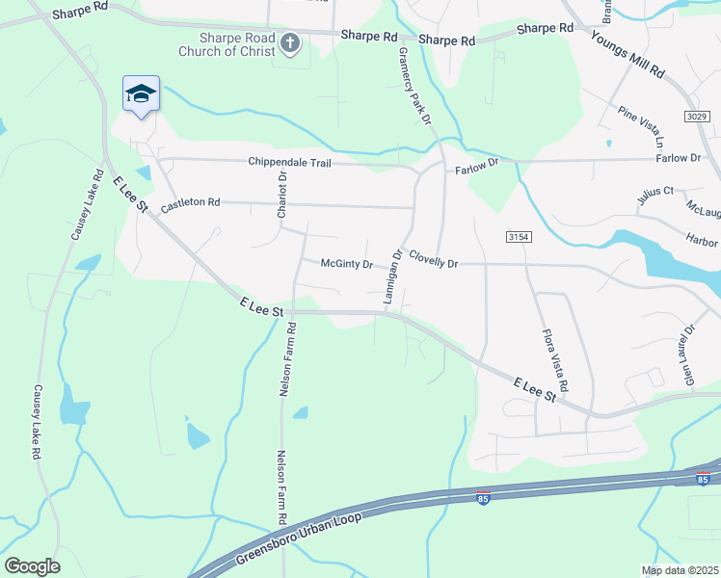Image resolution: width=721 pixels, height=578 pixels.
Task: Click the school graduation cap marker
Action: point(142,94)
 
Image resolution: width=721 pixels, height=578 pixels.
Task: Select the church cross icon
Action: point(290,43)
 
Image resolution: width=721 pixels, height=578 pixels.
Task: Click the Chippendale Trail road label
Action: point(289,163)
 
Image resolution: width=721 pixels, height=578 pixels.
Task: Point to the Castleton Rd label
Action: point(191,204)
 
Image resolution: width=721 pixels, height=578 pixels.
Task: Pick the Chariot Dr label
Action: point(282,195)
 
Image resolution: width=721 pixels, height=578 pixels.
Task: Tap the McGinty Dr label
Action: point(346,263)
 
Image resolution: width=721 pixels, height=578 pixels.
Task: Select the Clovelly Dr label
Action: point(433,259)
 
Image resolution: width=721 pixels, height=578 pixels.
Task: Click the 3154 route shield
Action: point(519,236)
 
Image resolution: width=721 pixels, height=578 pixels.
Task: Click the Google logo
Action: point(32,566)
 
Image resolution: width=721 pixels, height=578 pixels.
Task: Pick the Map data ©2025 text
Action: point(679,570)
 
